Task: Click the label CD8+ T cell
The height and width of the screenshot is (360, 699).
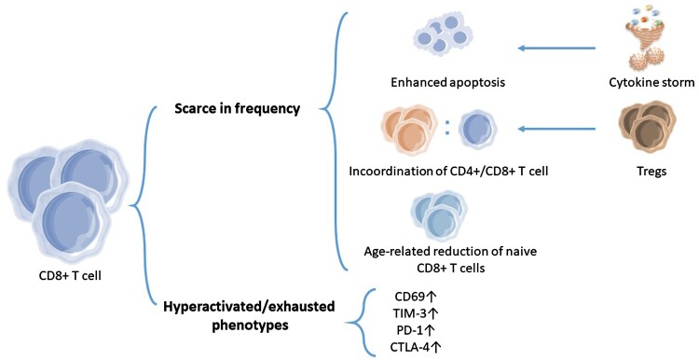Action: click(x=70, y=276)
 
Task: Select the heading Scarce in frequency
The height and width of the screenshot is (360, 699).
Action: click(x=237, y=108)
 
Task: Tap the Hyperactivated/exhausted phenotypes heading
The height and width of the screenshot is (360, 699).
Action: click(x=249, y=316)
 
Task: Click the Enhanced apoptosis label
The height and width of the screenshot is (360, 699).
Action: click(x=447, y=82)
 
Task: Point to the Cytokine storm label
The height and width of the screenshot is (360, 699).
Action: click(x=651, y=82)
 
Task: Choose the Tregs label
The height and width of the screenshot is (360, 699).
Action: click(x=651, y=172)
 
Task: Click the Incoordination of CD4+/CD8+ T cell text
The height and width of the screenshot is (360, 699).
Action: click(x=448, y=172)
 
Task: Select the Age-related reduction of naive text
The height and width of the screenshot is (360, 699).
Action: click(x=450, y=252)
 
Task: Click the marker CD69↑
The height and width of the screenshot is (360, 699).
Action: click(x=415, y=296)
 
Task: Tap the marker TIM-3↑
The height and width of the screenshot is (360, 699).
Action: click(x=414, y=313)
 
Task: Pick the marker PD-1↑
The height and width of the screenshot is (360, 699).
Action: click(x=415, y=330)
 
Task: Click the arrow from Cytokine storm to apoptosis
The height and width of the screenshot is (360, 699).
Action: click(x=556, y=48)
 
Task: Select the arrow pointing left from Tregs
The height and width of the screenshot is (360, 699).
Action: click(x=556, y=130)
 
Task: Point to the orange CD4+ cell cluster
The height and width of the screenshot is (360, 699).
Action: click(x=409, y=129)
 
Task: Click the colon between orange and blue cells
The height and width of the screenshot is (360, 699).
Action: click(x=447, y=128)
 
